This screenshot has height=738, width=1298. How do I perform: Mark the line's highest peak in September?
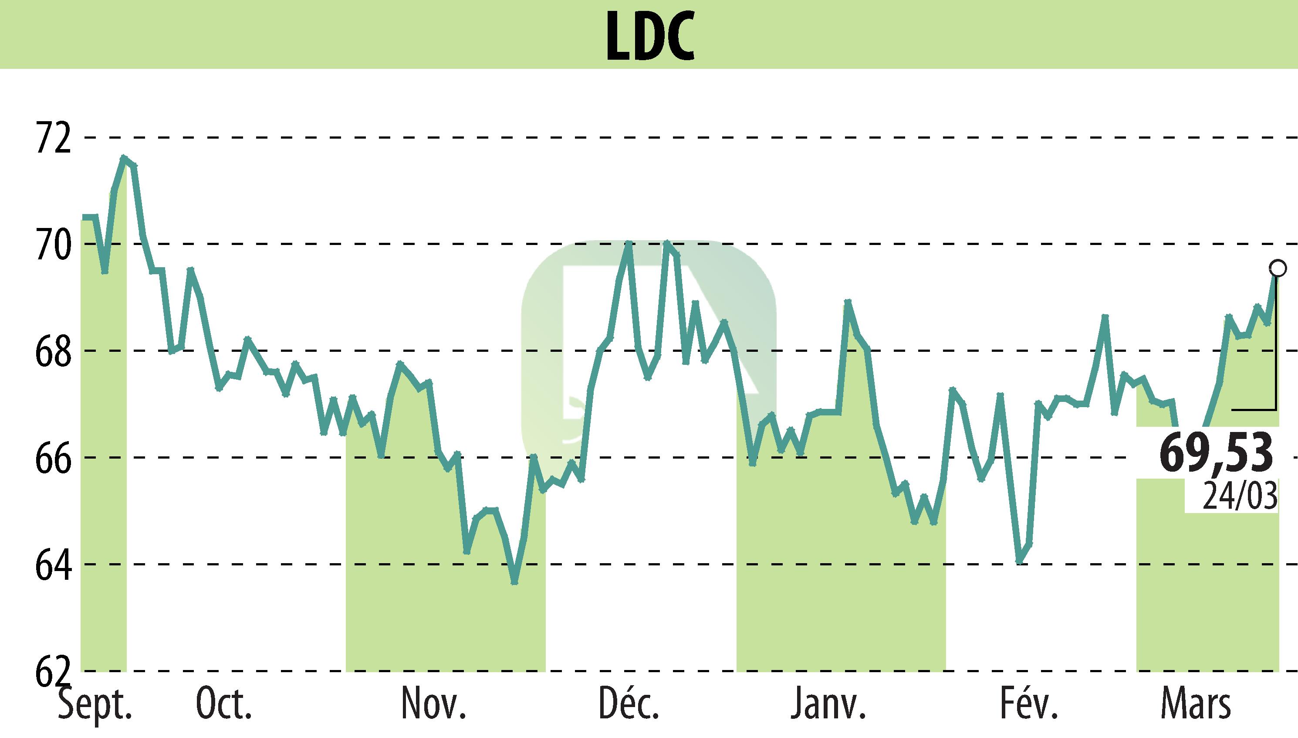point(124,158)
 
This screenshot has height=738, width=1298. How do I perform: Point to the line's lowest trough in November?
point(514,582)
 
